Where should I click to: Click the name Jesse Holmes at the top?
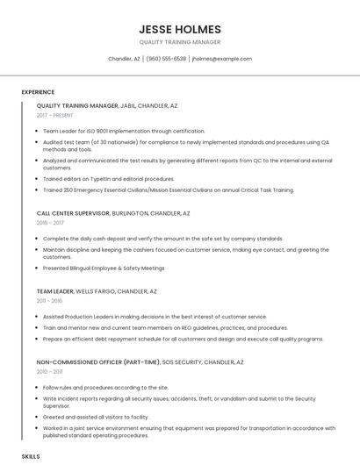click(x=179, y=29)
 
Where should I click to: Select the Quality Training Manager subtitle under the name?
click(x=179, y=42)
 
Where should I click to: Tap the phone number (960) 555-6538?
click(x=166, y=59)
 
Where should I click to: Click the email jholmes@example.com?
click(x=221, y=59)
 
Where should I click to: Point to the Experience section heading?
click(x=38, y=91)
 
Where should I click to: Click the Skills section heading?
click(x=31, y=456)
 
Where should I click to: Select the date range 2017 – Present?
click(x=56, y=115)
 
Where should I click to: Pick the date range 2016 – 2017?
click(x=51, y=223)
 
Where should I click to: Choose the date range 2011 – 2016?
click(x=51, y=301)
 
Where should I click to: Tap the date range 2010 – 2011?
click(x=51, y=371)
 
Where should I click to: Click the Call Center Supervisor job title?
click(x=73, y=212)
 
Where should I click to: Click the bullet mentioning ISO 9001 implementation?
click(x=124, y=131)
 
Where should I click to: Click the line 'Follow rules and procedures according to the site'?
click(x=105, y=387)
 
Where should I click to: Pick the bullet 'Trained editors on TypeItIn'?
click(x=109, y=178)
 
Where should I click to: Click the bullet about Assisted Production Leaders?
click(x=155, y=316)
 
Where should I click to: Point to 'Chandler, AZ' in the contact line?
click(x=124, y=59)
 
